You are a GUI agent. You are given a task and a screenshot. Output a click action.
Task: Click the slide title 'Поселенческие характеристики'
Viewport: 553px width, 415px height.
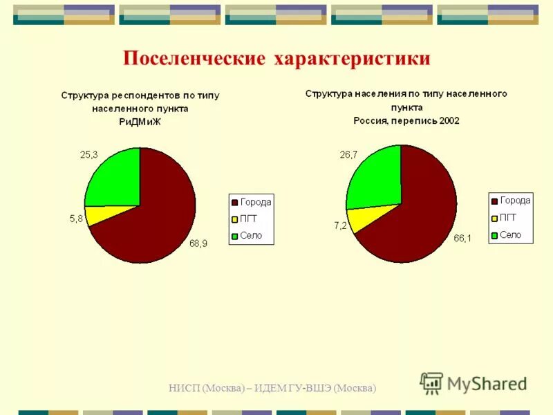276,58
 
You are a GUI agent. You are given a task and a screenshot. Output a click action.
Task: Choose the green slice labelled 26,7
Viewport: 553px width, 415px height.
373,178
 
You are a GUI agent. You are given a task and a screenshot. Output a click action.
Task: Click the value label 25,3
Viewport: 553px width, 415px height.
89,155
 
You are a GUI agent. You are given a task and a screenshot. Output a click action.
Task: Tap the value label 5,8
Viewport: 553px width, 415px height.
76,219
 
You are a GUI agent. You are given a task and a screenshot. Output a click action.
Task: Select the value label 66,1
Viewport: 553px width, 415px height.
462,239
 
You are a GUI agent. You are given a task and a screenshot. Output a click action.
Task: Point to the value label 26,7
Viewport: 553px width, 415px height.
348,155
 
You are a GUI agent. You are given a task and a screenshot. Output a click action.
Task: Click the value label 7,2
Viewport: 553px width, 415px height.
339,226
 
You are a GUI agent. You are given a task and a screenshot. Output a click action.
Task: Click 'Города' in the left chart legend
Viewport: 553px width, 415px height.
256,202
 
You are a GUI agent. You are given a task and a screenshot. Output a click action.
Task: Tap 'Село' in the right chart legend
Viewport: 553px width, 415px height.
510,235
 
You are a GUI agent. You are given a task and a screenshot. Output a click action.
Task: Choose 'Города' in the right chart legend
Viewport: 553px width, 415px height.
515,201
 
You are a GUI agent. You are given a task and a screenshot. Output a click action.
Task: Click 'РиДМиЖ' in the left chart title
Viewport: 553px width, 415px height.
140,122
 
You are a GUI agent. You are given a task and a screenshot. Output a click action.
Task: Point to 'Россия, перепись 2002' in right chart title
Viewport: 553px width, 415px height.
406,120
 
